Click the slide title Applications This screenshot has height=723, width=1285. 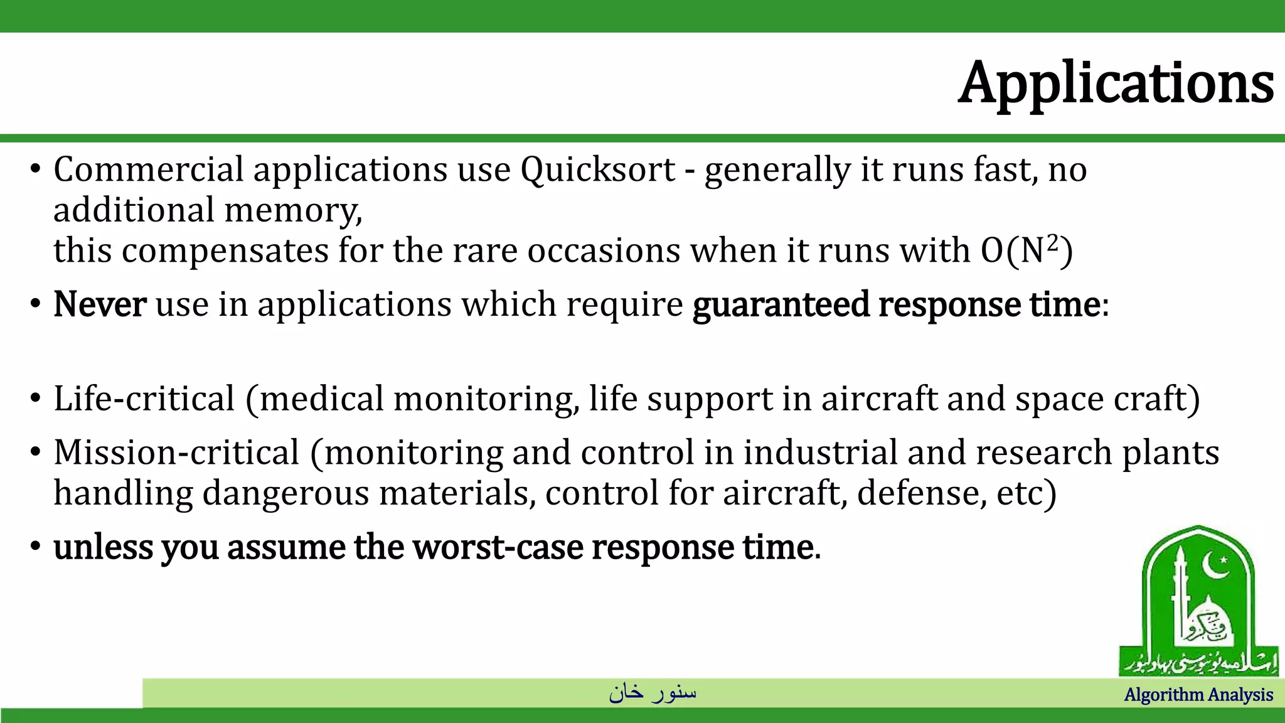(x=1116, y=83)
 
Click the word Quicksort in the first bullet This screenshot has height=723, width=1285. (x=597, y=169)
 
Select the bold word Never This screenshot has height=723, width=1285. (x=100, y=304)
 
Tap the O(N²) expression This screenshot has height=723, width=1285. (x=1026, y=250)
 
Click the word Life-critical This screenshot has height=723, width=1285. (x=144, y=399)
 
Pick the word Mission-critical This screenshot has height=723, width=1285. (x=176, y=453)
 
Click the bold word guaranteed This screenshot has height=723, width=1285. (x=781, y=304)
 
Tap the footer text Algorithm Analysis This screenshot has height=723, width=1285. (x=1198, y=695)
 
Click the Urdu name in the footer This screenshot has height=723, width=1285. (x=653, y=692)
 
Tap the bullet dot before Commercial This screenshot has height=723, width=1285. (x=36, y=169)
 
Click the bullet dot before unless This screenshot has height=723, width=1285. (x=36, y=547)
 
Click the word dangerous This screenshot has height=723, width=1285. (x=285, y=493)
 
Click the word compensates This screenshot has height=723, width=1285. (x=225, y=250)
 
